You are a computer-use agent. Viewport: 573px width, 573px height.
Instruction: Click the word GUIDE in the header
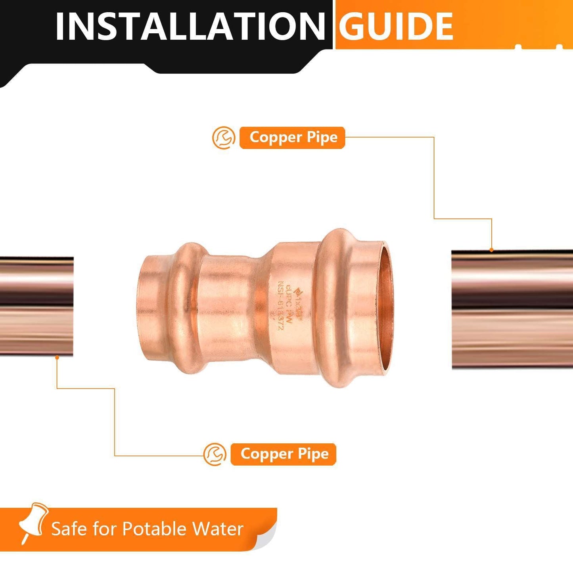pos(396,26)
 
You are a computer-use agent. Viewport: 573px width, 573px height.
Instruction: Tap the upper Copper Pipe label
pos(293,137)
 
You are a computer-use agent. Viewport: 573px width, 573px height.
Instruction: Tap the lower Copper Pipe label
pos(284,454)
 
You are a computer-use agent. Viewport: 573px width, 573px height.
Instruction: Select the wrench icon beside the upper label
pos(224,138)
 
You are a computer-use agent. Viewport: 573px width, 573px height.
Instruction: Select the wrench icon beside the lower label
pos(215,454)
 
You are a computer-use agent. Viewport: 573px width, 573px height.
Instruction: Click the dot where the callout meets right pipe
pos(492,250)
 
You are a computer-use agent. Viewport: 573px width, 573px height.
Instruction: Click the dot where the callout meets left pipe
pos(57,357)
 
